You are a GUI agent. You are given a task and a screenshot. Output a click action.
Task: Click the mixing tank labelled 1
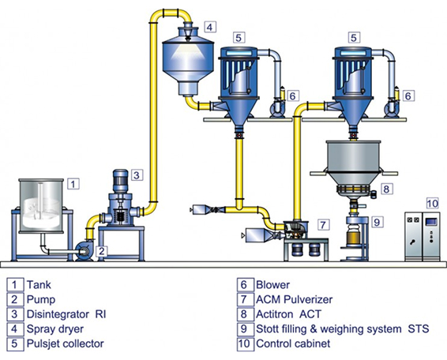[x=41, y=206]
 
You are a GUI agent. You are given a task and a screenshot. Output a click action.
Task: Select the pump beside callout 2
[x=85, y=251]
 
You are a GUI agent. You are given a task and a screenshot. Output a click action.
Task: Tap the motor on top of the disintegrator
[x=121, y=181]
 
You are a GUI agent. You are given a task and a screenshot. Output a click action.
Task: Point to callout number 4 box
[x=210, y=27]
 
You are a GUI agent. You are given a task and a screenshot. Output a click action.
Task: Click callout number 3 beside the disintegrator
[x=137, y=174]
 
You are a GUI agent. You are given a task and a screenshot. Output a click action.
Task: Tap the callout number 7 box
[x=323, y=225]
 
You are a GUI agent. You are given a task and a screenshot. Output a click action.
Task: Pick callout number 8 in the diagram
[x=386, y=189]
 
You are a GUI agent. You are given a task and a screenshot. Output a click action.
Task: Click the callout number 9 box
[x=377, y=222]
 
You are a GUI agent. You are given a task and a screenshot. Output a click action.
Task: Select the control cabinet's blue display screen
[x=431, y=222]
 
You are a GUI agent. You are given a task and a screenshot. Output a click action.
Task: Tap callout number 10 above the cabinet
[x=433, y=204]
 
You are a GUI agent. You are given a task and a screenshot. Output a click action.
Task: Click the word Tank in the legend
[x=39, y=285]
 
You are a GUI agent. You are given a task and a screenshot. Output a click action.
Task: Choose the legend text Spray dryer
[x=55, y=329]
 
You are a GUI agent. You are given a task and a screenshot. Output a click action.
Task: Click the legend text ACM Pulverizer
[x=295, y=299]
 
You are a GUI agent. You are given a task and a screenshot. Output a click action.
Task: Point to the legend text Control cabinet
[x=293, y=343]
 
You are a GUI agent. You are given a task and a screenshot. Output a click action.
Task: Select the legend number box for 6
[x=245, y=284]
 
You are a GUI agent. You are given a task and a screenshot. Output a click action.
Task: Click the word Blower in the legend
[x=272, y=285]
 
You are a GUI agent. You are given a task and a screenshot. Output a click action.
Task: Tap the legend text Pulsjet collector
[x=65, y=343]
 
